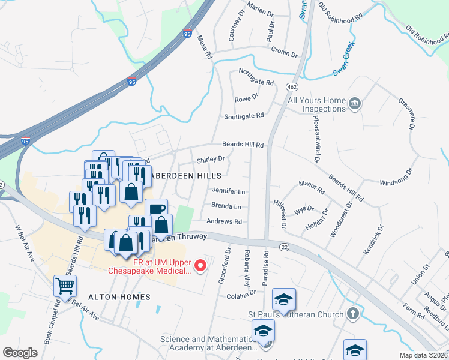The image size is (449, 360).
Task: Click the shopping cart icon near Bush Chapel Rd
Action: [x=65, y=286]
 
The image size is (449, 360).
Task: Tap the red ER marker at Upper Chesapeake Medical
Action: [x=202, y=263]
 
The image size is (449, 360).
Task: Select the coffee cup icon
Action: [x=156, y=210]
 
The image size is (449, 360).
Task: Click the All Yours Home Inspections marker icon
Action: [x=355, y=104]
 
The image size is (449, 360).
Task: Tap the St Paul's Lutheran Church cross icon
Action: [x=354, y=314]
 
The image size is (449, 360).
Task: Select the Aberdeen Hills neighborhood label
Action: [x=185, y=176]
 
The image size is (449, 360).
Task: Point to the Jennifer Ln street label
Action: [x=229, y=191]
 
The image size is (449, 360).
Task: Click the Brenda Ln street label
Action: [x=226, y=206]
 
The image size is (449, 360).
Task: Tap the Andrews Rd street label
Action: [x=224, y=221]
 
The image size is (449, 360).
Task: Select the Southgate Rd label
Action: [x=244, y=116]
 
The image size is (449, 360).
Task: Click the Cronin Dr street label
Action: [x=284, y=52]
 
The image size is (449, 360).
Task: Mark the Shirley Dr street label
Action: [x=211, y=160]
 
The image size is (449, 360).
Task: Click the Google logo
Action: [x=20, y=352]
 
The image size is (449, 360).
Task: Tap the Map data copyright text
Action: [x=423, y=355]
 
